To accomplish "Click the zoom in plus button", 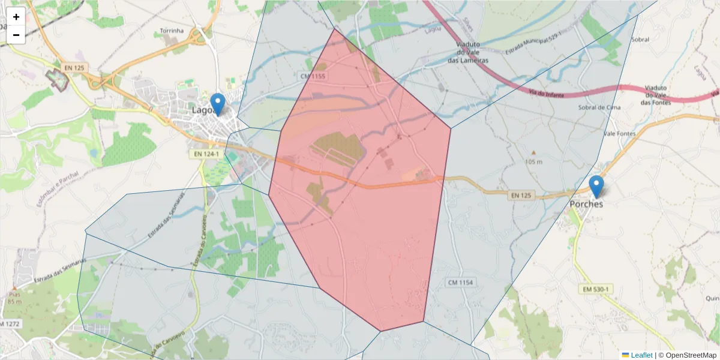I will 16,17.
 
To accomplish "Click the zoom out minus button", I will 16,35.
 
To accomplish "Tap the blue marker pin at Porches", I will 596,187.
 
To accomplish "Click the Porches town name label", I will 586,204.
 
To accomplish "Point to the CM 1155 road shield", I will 312,76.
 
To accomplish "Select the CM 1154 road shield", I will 461,282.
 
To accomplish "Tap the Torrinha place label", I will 175,31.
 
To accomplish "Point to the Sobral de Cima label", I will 598,107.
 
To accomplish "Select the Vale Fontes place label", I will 619,133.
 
